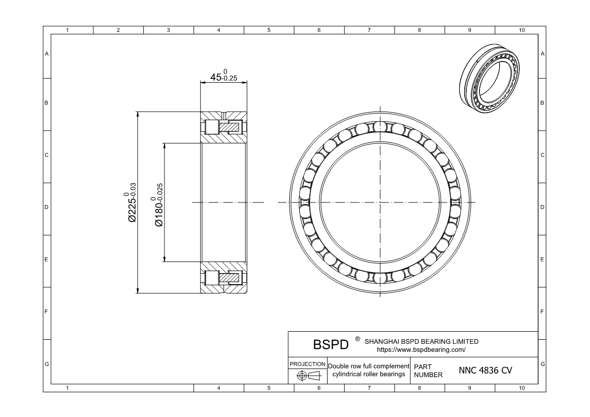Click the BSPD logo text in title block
[x=331, y=345]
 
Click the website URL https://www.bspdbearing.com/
[x=421, y=349]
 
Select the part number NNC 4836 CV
[x=485, y=370]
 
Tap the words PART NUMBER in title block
[x=428, y=371]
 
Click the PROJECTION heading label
[x=307, y=364]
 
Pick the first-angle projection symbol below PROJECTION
[x=308, y=376]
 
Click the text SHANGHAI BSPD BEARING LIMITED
[x=421, y=341]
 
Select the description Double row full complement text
[x=368, y=366]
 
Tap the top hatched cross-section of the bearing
[x=224, y=126]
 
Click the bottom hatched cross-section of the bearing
[x=224, y=278]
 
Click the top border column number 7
[x=369, y=30]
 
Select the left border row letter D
[x=47, y=207]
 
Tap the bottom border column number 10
[x=521, y=388]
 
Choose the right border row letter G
[x=542, y=364]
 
